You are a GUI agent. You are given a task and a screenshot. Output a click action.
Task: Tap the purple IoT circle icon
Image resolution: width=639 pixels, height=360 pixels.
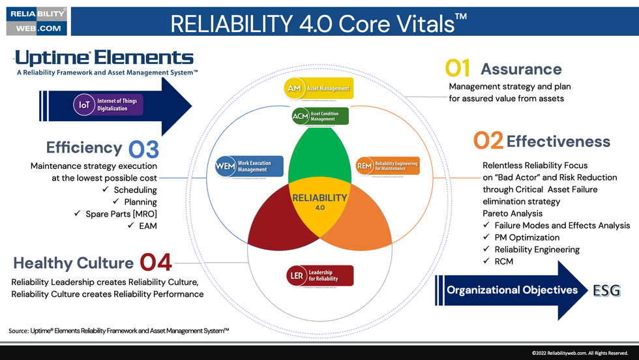click(84, 105)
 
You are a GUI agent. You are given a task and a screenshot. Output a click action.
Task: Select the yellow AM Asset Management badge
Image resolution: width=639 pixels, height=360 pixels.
click(319, 88)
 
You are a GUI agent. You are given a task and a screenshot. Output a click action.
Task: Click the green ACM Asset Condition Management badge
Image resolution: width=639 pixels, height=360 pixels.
click(319, 117)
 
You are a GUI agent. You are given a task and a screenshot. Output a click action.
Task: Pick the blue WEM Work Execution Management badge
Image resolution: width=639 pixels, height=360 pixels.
click(249, 166)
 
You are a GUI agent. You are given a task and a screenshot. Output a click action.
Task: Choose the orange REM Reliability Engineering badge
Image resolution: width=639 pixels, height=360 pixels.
click(387, 166)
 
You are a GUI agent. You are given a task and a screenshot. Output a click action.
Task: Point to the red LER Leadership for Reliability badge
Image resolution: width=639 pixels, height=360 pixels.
click(320, 275)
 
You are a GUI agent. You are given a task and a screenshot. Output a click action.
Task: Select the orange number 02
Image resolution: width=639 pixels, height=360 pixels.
click(487, 142)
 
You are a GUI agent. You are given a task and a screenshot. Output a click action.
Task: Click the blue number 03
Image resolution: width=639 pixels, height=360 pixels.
click(143, 149)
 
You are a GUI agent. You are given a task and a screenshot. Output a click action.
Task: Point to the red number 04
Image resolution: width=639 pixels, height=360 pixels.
click(156, 263)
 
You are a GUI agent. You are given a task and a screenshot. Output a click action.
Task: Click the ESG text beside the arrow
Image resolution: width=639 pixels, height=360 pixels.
click(606, 290)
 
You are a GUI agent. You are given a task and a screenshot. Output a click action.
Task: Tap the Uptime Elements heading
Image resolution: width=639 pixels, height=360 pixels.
click(104, 57)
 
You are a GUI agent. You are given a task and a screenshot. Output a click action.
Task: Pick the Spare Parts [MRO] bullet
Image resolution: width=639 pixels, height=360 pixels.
click(121, 214)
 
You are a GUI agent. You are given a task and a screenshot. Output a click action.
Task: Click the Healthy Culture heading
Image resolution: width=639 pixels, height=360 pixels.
click(73, 263)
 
